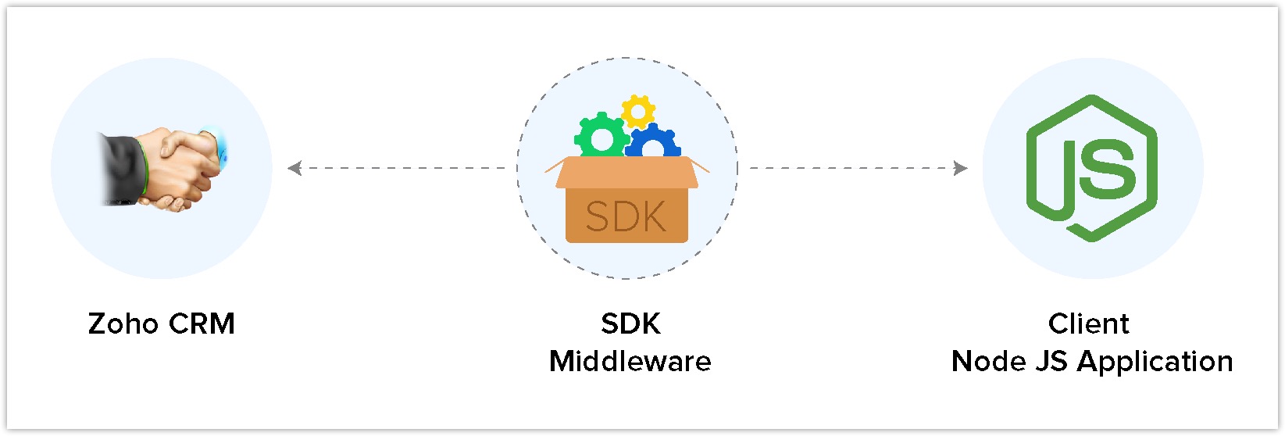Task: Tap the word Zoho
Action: coord(123,323)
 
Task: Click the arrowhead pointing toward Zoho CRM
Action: coord(294,168)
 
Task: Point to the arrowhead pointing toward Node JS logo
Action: coord(961,168)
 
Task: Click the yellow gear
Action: coord(638,113)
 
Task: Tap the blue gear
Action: coord(654,145)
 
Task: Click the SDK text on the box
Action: coord(626,217)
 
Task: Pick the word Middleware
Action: coord(630,361)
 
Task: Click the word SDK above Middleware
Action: coord(630,323)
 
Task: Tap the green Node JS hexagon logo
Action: coord(1092,168)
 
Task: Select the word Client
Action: coord(1088,323)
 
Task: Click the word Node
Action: coord(988,361)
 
